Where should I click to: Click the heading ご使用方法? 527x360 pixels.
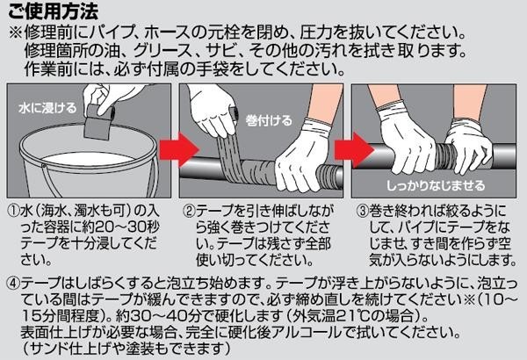point(53,11)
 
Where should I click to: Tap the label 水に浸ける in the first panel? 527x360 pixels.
point(47,108)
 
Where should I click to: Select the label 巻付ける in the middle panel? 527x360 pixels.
point(269,120)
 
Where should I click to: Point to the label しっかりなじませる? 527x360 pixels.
point(436,185)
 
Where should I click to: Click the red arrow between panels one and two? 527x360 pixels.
point(179,149)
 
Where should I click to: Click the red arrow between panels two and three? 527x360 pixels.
point(354,149)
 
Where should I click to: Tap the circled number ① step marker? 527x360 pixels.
point(13,211)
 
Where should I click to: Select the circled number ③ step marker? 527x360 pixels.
point(363,211)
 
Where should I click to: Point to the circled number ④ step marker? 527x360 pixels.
point(13,284)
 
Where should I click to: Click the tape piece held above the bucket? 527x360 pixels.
point(97,122)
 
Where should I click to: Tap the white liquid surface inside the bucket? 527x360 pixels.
point(88,160)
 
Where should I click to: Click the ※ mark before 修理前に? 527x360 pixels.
point(16,33)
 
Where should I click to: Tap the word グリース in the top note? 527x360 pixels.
point(162,51)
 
